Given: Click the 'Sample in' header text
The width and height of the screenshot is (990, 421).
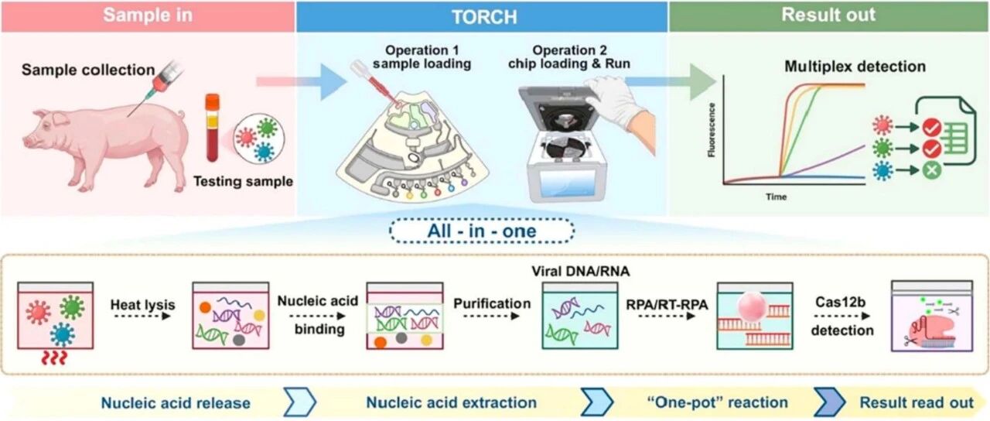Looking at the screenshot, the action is coord(148,15).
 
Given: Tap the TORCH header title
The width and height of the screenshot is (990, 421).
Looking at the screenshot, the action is coord(484,17).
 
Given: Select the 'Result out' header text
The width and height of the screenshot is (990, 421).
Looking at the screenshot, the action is coord(828,15).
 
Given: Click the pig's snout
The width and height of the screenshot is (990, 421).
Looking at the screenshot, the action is coord(27,141).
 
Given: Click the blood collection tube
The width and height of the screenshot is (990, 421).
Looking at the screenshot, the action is coord(213,128).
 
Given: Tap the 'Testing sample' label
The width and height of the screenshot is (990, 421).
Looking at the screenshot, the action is coord(243,181).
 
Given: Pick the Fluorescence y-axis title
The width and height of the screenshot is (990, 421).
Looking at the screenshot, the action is coord(712,129).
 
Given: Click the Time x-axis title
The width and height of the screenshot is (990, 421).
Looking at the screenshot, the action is coord(776,197).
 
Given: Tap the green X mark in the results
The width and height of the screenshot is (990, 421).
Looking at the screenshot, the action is coord(932,170).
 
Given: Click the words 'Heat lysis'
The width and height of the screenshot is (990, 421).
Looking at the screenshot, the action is coord(143,305).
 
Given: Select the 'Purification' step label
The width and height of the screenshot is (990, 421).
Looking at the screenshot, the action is coord(492,303).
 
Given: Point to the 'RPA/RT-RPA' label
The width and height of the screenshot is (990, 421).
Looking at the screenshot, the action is coord(667,305).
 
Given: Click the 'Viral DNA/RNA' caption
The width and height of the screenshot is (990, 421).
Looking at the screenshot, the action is coord(580,271).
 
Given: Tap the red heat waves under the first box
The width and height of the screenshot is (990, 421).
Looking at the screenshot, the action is coord(54,358).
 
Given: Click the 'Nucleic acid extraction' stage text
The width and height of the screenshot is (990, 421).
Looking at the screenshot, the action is coord(451,402).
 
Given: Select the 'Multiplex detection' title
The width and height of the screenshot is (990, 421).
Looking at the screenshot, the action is coord(855,67).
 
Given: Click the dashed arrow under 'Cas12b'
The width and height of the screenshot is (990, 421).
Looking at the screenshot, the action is coord(842,317).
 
